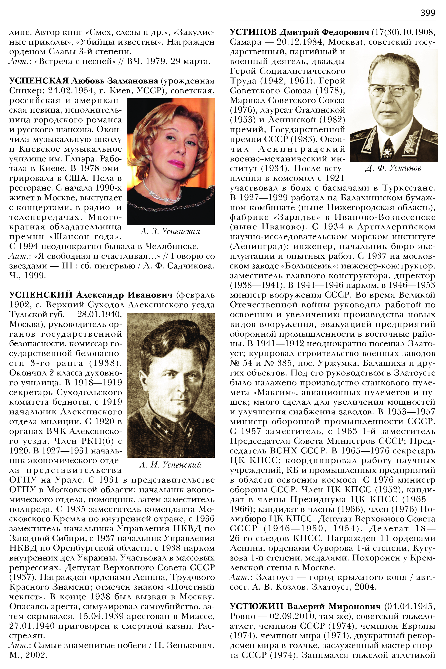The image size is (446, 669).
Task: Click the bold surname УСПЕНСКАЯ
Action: click(x=39, y=81)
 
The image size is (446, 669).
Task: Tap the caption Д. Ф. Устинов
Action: click(x=393, y=168)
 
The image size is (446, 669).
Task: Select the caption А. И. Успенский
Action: click(x=170, y=465)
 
